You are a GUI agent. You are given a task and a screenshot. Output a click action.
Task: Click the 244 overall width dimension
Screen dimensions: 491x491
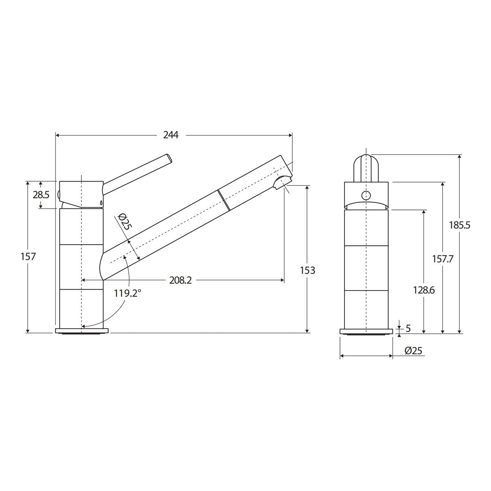click(171, 135)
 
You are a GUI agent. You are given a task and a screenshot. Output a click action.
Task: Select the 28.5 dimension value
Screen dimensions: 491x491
click(41, 195)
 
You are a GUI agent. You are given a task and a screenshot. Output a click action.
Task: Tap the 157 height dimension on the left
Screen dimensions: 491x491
click(28, 256)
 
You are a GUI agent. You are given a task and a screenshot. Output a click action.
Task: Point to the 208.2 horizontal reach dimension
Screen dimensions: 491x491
click(180, 280)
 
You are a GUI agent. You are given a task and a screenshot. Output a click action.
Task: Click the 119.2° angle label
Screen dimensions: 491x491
click(127, 293)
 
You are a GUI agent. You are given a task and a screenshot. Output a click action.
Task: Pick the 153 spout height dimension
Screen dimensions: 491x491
click(308, 270)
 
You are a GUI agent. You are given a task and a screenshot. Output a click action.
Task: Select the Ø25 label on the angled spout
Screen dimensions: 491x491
click(125, 221)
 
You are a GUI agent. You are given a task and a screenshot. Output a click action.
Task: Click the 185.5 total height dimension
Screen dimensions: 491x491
click(459, 225)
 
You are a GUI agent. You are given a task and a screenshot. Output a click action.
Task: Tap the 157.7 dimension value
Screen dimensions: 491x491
click(443, 259)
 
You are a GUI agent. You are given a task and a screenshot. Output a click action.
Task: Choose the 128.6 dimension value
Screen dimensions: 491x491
click(424, 290)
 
